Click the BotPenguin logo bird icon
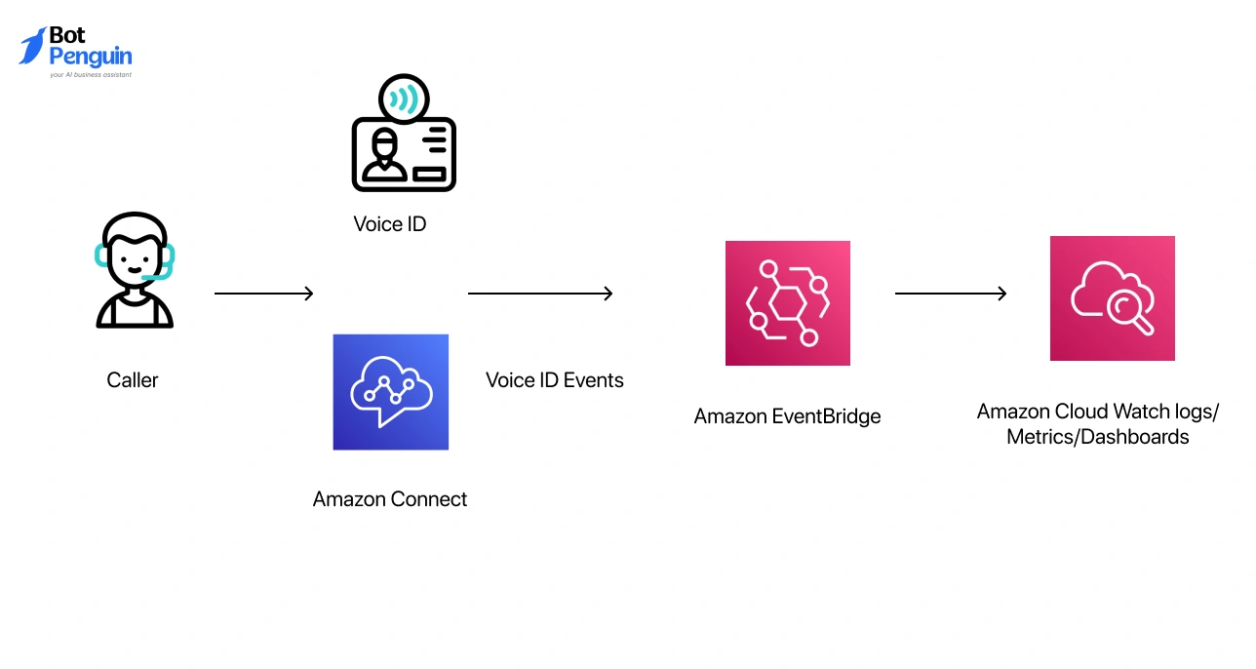[33, 46]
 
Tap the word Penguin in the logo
[90, 57]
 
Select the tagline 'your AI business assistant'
[90, 74]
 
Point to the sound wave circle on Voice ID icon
[403, 99]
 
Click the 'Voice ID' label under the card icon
[390, 224]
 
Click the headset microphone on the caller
[155, 277]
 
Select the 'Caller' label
[133, 380]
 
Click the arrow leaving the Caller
[263, 294]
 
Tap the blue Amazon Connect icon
[390, 392]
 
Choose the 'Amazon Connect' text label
[390, 499]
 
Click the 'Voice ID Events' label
[555, 380]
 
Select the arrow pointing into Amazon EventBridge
[540, 294]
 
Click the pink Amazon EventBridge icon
[787, 303]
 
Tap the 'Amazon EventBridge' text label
[787, 416]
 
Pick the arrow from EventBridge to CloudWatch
[951, 294]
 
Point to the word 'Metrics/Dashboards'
[1097, 437]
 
